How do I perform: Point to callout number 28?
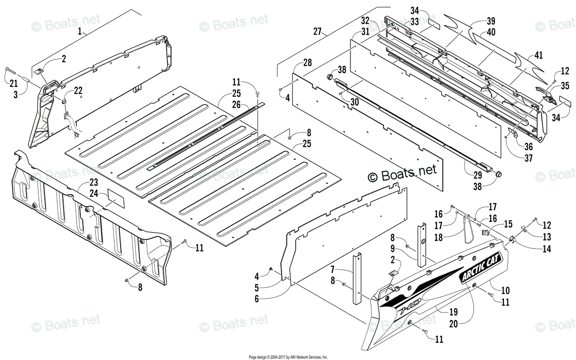point(307,63)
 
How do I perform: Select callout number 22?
point(78,90)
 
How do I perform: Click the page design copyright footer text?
point(288,357)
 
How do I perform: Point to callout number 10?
point(505,290)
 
